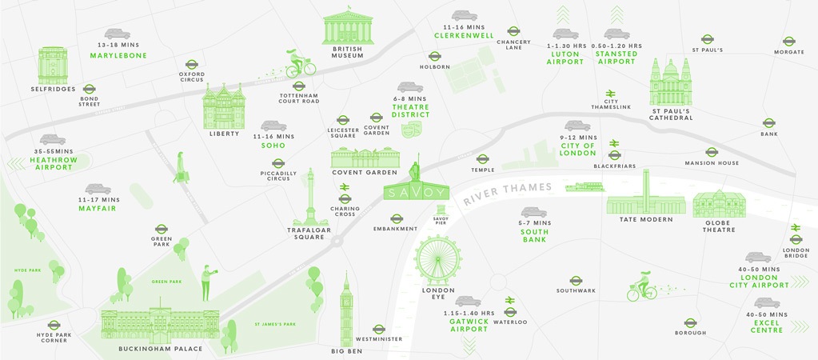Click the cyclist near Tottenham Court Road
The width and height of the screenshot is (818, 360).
300,64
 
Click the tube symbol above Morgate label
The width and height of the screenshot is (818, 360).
788,41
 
